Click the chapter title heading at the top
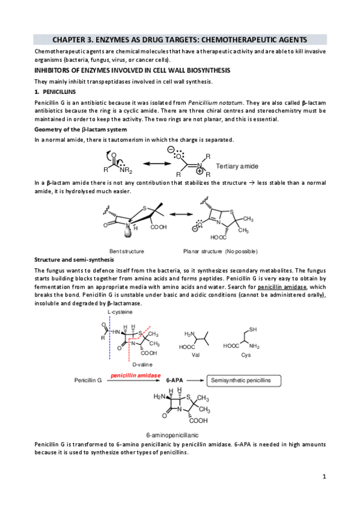pos(180,40)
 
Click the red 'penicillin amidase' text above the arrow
pos(135,375)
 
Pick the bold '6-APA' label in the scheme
pos(174,380)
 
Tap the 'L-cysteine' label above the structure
pos(120,313)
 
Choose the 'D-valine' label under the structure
pos(142,364)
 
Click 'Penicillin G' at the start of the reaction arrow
pos(90,380)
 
